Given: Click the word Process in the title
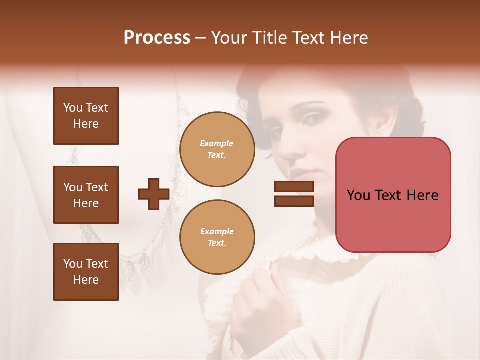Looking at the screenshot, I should click(x=157, y=38).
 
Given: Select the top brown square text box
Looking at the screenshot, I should click(x=86, y=116).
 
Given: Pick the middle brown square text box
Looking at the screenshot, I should click(x=86, y=195).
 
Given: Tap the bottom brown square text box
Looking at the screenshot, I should click(x=86, y=272).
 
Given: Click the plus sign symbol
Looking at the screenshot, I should click(x=153, y=194).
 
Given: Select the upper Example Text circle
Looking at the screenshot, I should click(x=217, y=149).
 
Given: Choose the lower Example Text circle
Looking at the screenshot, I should click(x=217, y=237).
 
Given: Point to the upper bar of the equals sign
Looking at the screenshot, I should click(x=294, y=187).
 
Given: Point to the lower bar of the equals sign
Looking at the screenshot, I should click(x=294, y=201).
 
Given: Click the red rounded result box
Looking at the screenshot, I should click(x=393, y=195).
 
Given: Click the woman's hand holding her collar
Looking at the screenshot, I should click(x=255, y=300).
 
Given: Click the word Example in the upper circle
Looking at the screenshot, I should click(x=217, y=143).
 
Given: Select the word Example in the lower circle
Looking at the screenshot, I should click(x=217, y=231).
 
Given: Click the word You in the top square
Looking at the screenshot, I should click(x=73, y=108).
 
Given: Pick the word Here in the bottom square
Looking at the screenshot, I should click(x=86, y=280).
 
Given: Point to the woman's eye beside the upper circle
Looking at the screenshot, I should click(x=276, y=132).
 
